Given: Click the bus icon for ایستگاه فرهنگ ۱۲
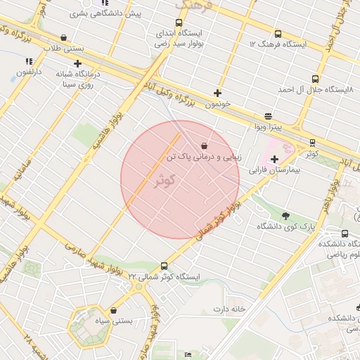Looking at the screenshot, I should coord(278,34).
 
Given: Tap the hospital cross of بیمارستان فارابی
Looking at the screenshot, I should coord(274,160).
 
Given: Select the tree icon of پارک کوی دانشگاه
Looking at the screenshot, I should coord(285,215).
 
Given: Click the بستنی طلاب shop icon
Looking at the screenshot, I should coord(64,38).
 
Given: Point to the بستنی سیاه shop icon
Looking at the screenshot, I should coord(113,310).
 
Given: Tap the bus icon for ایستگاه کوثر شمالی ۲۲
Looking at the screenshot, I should coord(164,266).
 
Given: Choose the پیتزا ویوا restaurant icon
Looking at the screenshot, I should coord(267,117).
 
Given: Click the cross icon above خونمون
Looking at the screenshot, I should coord(218,93).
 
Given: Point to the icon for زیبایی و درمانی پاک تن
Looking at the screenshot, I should coord(204,145).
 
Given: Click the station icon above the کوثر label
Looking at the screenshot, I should coord(312,143).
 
